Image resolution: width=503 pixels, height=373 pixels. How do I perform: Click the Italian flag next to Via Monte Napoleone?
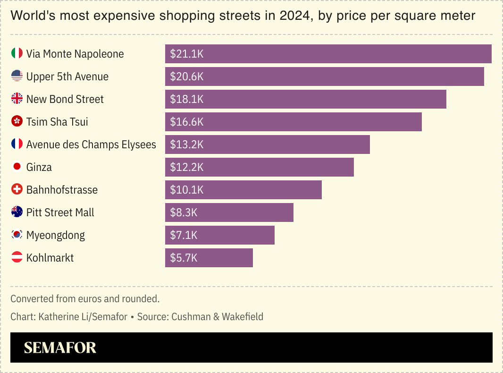click(17, 53)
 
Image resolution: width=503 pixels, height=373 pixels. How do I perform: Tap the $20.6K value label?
click(186, 76)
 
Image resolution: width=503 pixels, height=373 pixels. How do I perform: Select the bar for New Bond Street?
click(305, 99)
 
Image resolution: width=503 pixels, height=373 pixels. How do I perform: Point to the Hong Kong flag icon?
click(17, 122)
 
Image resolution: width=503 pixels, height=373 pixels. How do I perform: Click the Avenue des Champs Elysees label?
click(91, 144)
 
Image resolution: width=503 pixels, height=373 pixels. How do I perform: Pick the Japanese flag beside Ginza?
click(17, 167)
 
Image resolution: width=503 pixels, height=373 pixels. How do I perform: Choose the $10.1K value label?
click(186, 190)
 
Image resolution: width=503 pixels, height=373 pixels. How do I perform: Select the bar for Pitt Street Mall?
click(229, 212)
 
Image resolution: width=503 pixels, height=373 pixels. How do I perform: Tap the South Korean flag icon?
click(17, 235)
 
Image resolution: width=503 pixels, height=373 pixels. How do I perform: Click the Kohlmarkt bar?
click(209, 258)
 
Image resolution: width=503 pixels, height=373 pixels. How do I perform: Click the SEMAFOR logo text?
click(60, 348)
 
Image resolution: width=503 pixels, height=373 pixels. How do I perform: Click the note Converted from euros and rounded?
click(85, 299)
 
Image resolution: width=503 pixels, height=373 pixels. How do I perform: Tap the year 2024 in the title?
click(296, 16)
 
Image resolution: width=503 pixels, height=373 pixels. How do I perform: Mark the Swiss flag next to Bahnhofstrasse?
click(17, 189)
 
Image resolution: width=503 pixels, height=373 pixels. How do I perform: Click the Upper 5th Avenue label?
click(67, 76)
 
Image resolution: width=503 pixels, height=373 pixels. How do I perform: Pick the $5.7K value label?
click(184, 258)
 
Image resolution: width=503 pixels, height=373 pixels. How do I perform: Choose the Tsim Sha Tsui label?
click(57, 122)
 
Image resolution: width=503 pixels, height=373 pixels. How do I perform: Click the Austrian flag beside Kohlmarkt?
click(17, 257)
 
